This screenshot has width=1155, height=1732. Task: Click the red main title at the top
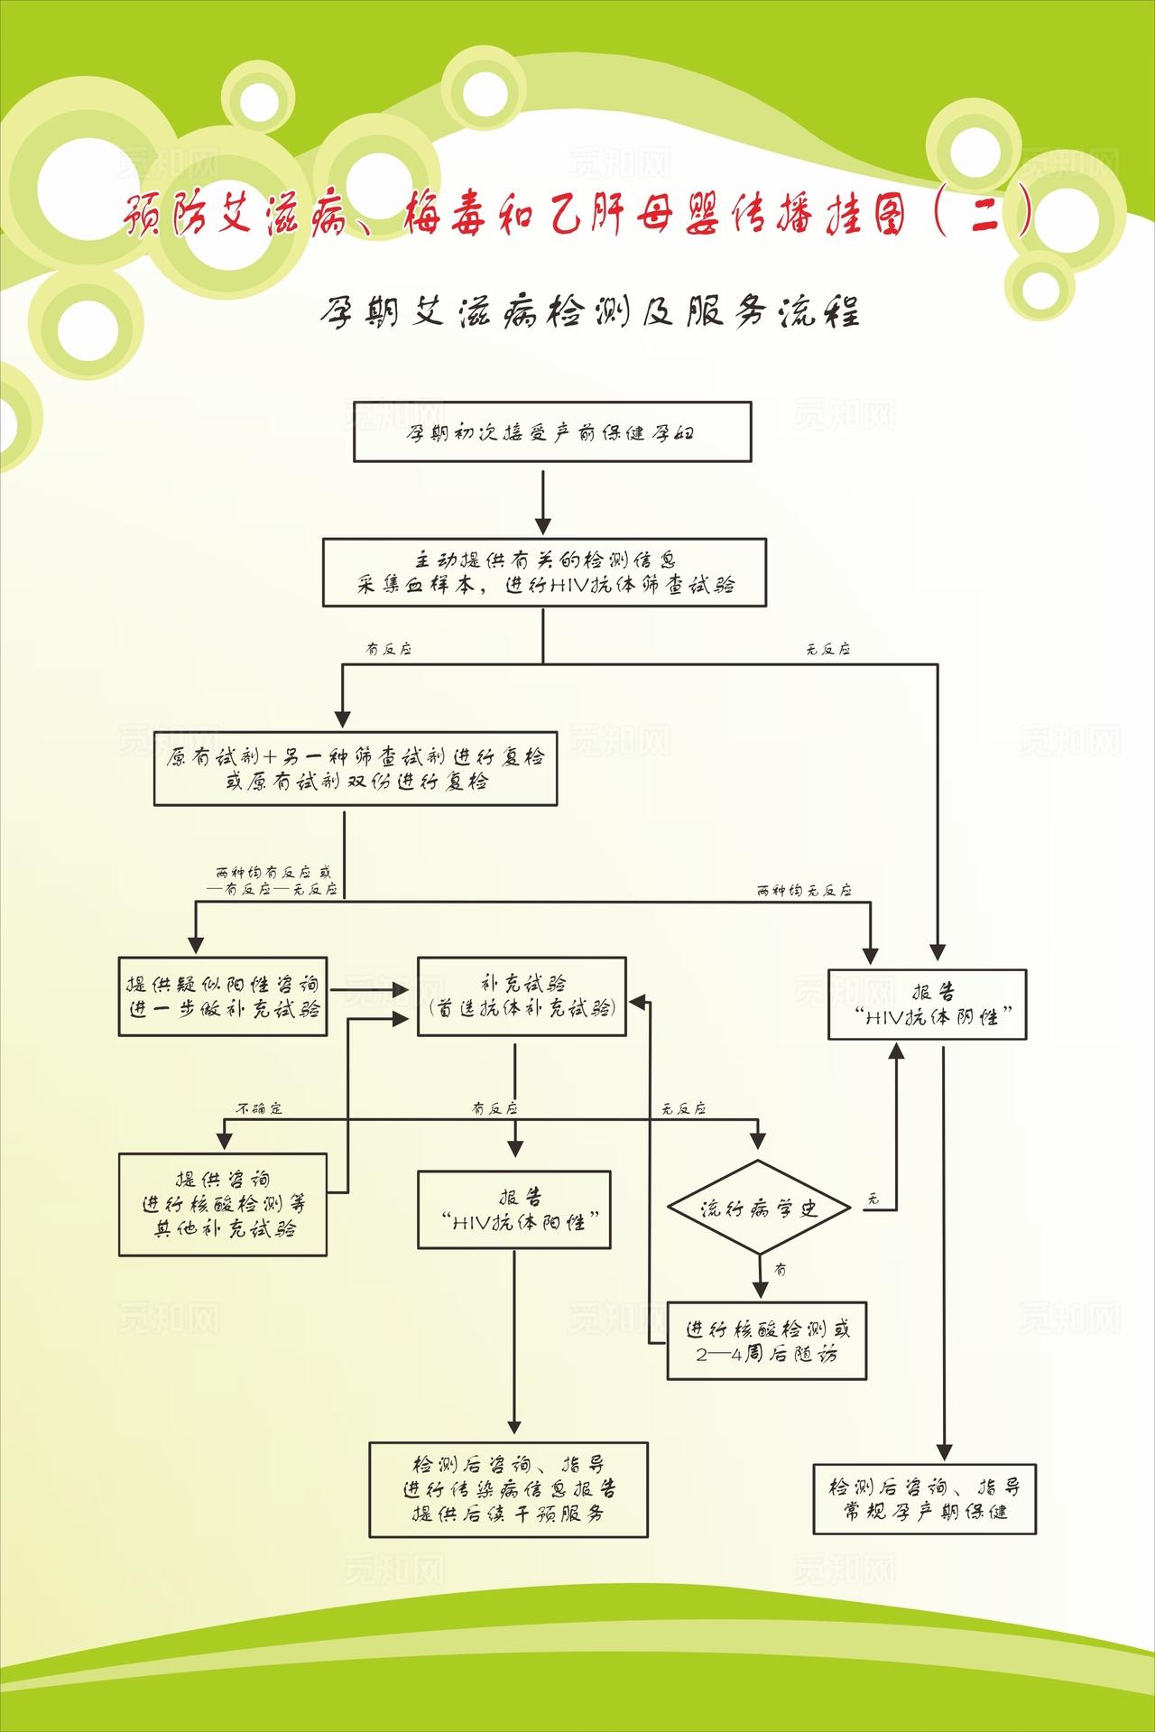577,217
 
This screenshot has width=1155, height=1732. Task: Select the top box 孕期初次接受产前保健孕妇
551,432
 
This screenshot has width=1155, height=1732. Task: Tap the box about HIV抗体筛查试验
545,572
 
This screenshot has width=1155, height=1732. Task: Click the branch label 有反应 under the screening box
388,649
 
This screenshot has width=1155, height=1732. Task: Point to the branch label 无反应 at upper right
827,649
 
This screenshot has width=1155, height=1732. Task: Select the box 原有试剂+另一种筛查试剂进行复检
356,769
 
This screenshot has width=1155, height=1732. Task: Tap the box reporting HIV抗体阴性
928,1004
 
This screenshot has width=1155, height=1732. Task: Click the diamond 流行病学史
759,1208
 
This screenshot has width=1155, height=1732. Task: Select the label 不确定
260,1107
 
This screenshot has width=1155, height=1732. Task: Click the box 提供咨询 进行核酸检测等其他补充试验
223,1204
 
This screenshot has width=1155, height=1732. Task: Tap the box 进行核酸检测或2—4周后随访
767,1340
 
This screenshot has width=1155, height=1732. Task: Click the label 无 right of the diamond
872,1199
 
